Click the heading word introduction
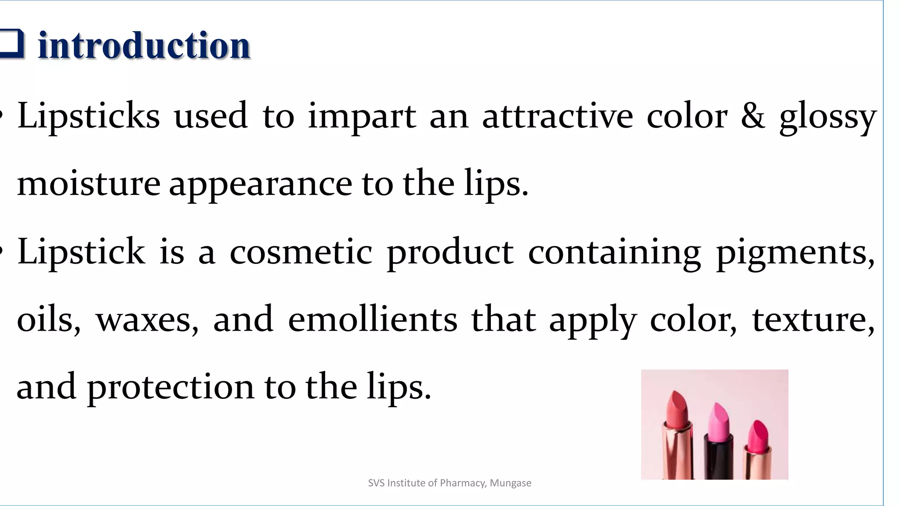[144, 45]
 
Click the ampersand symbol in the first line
[753, 116]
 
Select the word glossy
[828, 118]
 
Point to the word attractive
[558, 116]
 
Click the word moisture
[88, 184]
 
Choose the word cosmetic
[301, 252]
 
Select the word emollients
[373, 319]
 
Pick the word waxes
[147, 321]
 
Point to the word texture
[813, 320]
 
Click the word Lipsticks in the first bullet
[88, 117]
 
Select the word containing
[614, 254]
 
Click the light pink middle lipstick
[718, 439]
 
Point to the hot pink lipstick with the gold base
[758, 448]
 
